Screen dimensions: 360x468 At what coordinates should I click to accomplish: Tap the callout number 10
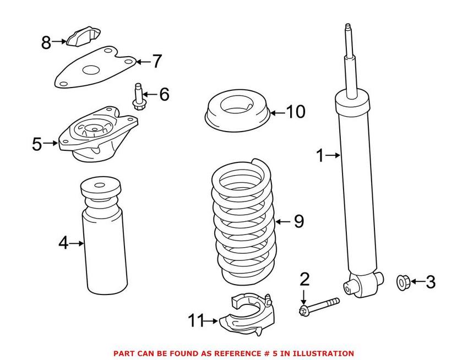click(x=295, y=112)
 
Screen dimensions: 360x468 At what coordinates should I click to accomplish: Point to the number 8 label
click(x=46, y=41)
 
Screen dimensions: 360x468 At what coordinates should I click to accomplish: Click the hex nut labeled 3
click(x=402, y=283)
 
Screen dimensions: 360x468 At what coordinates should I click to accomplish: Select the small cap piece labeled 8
click(x=83, y=36)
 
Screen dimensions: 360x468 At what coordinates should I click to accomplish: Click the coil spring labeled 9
click(x=242, y=220)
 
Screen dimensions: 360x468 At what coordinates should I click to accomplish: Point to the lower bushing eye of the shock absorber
click(x=349, y=286)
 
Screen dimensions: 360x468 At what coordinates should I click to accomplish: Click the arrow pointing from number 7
click(x=142, y=62)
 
